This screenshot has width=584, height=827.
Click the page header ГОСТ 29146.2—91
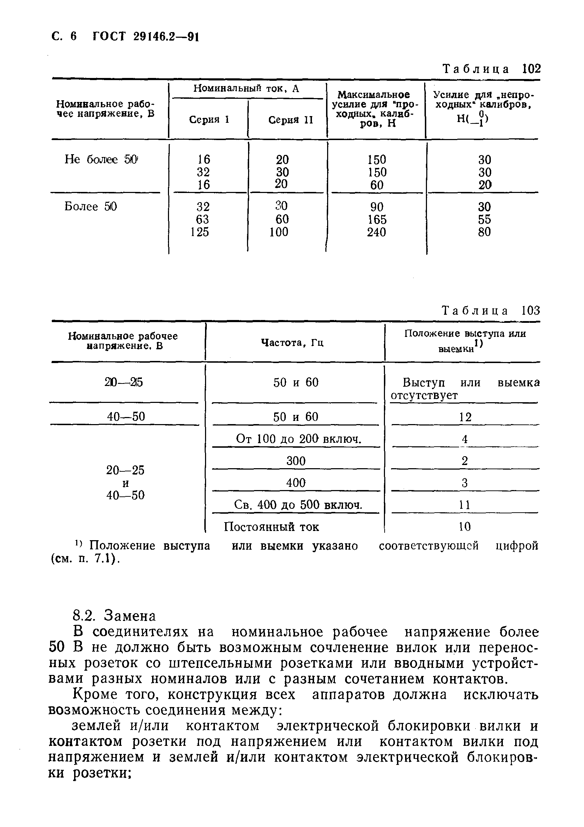[145, 37]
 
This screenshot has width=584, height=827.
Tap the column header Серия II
[290, 120]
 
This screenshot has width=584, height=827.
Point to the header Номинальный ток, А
[246, 89]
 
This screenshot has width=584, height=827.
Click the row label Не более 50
[101, 159]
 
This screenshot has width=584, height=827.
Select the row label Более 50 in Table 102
[91, 207]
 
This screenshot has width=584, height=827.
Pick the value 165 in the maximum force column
[377, 219]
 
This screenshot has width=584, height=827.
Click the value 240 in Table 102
[377, 232]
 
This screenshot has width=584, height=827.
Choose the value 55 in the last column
[484, 219]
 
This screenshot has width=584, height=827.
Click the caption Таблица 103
[491, 310]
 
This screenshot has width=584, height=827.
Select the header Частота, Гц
[292, 343]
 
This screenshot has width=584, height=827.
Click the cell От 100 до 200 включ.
[298, 439]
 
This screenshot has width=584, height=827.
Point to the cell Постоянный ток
[271, 527]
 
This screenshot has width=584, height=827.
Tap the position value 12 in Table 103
[465, 417]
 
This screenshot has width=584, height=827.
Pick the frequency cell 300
[296, 461]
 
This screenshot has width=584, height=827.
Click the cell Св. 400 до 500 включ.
[298, 505]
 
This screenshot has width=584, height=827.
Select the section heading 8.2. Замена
[114, 616]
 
